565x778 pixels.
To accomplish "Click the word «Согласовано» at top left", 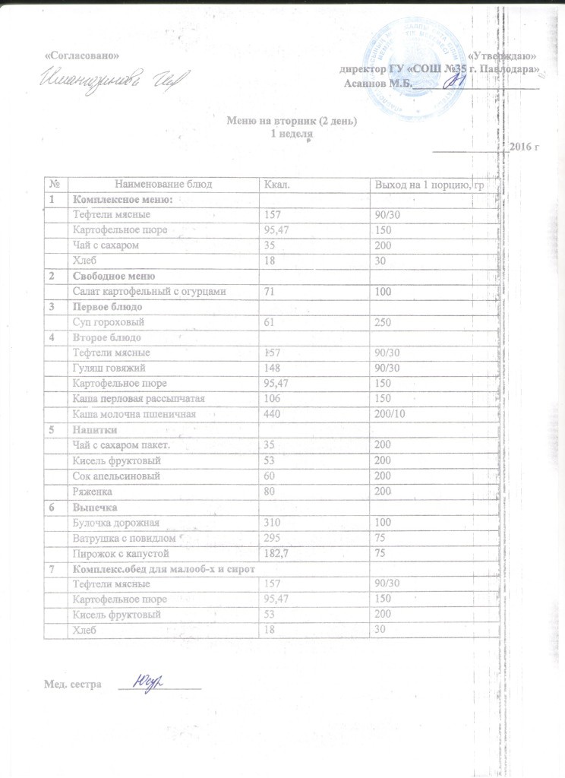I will point(82,58).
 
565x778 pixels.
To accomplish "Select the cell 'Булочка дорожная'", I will point(112,523).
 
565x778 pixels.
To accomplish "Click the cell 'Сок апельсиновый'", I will point(113,476).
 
